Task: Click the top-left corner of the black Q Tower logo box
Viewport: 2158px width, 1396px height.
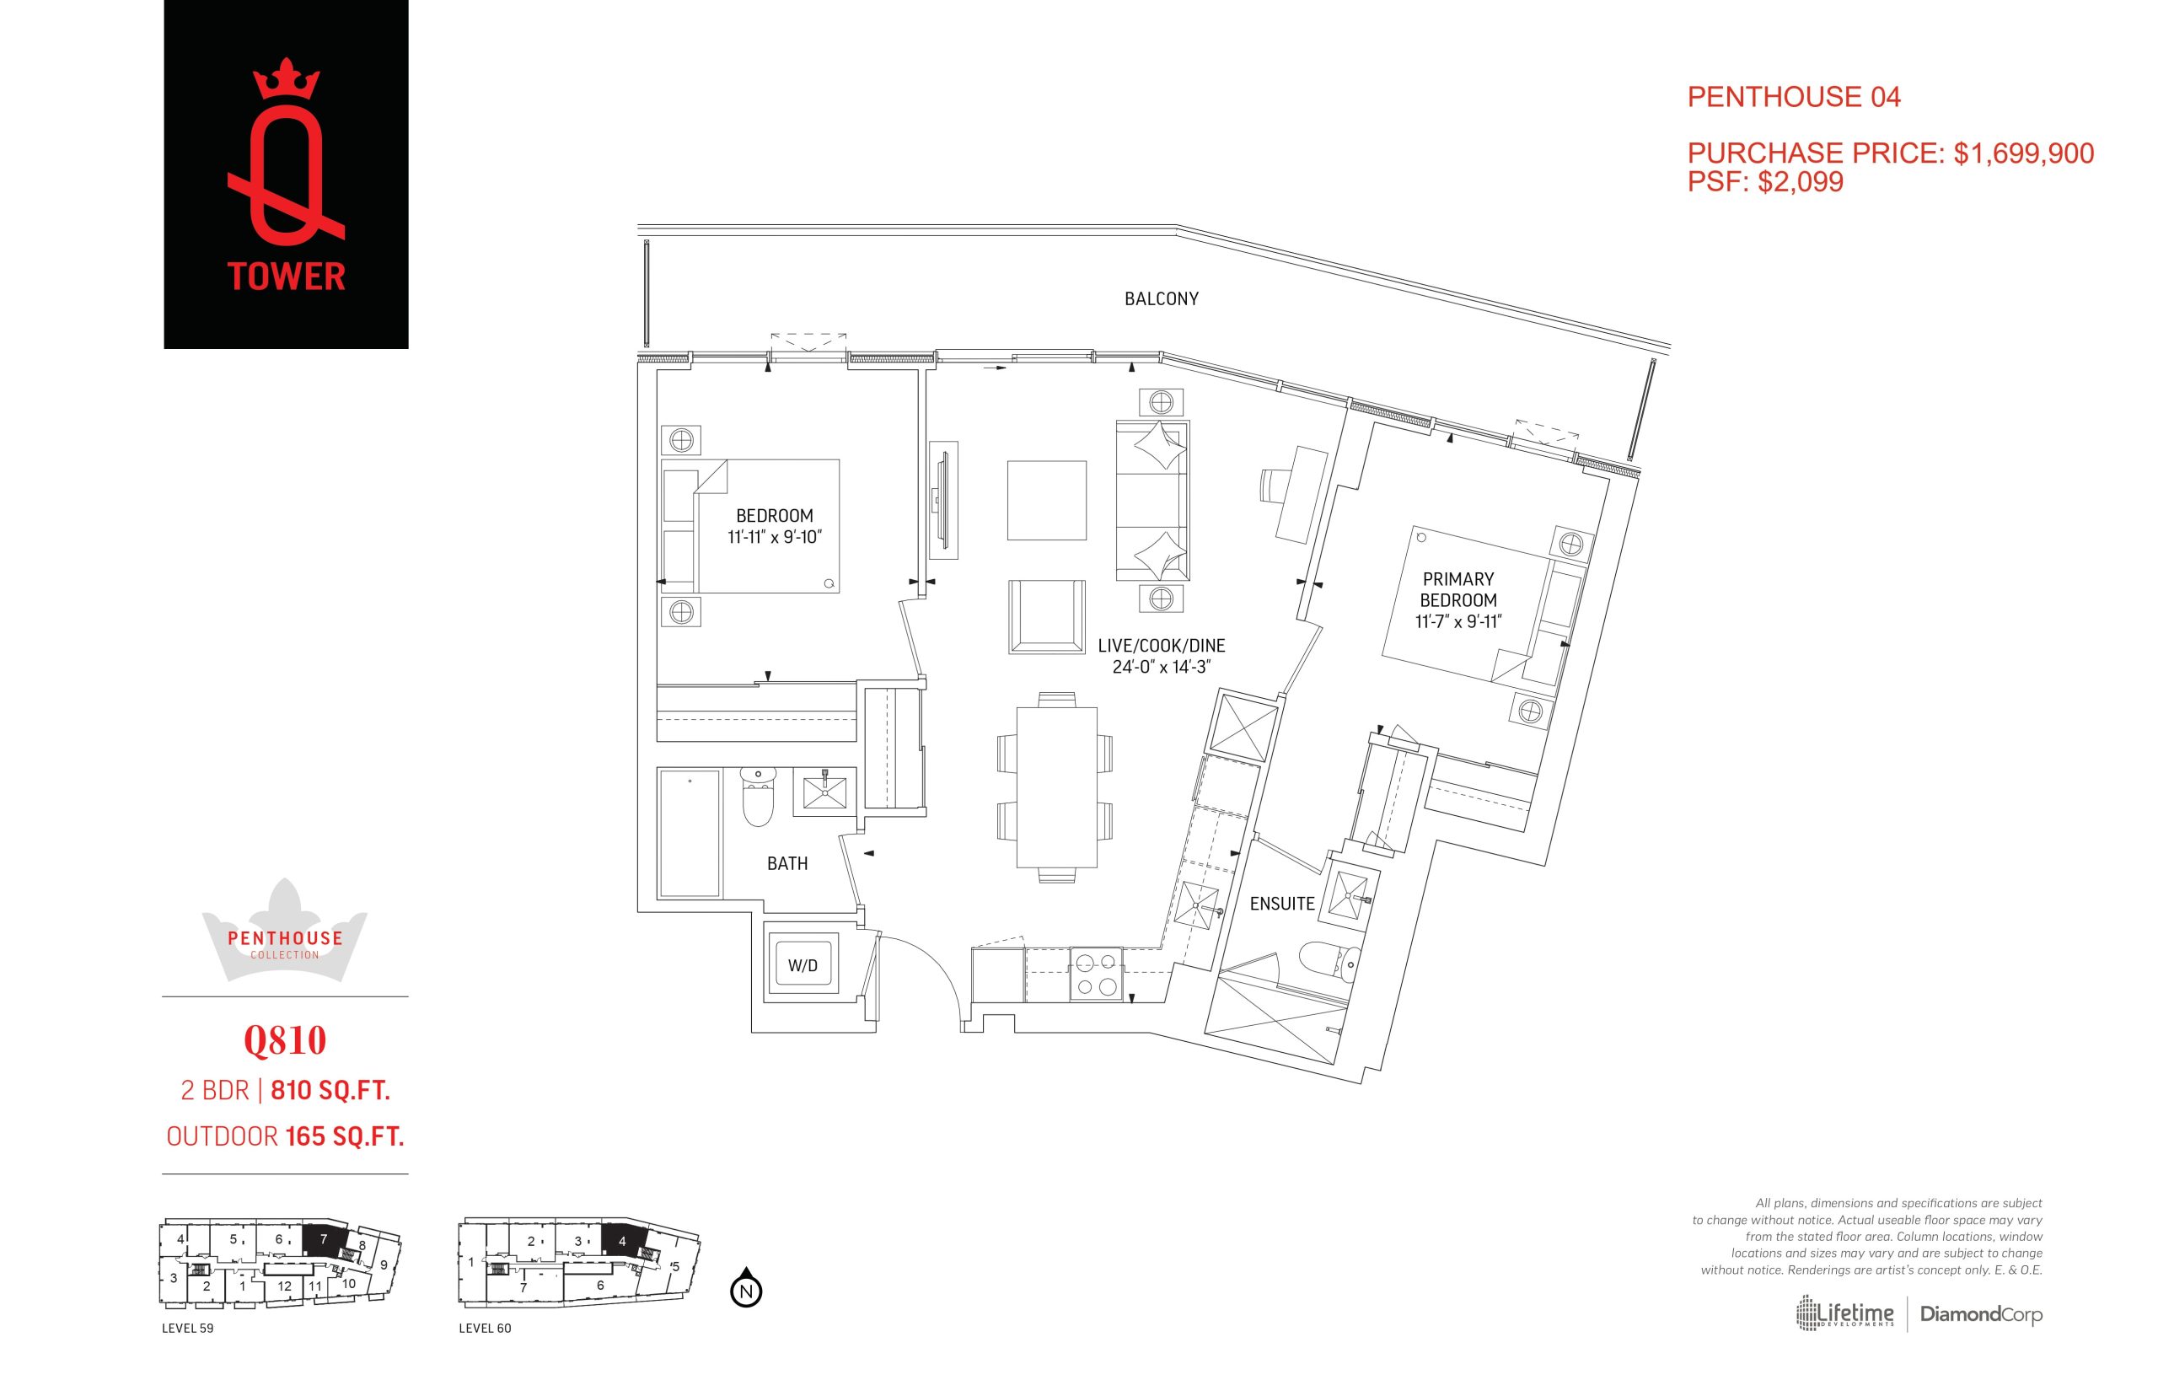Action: tap(164, 0)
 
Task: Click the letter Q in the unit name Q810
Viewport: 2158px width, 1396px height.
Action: tap(256, 1042)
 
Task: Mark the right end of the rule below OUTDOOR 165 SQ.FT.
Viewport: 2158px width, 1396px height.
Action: tap(409, 1174)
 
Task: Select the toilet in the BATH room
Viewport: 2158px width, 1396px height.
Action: tap(759, 797)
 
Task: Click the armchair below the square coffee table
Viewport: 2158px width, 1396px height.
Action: tap(1047, 616)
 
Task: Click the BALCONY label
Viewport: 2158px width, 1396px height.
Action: tap(1161, 299)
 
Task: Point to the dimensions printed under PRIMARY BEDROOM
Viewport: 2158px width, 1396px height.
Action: tap(1458, 622)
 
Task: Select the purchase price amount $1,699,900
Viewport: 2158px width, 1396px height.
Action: tap(2024, 153)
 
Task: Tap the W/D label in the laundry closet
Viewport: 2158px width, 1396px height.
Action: tap(803, 965)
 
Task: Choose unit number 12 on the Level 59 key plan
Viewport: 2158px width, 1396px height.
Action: tap(285, 1286)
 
